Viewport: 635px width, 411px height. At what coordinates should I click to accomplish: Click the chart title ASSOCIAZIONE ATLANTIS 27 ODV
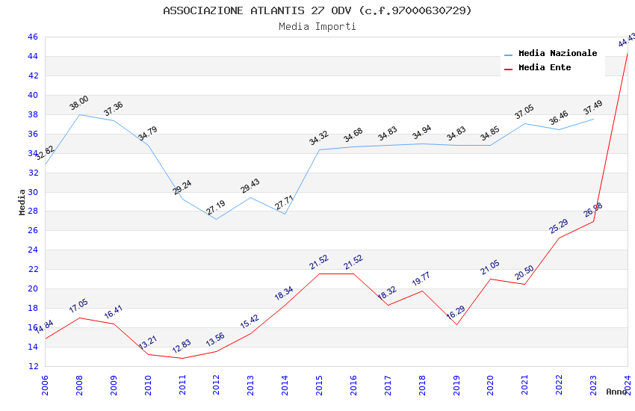[317, 10]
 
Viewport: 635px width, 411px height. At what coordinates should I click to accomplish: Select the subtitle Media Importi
[317, 26]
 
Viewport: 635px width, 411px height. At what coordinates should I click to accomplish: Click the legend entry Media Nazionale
[557, 53]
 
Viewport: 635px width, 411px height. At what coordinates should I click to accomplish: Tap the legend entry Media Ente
[544, 67]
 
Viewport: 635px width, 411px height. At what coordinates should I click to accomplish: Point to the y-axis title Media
[22, 202]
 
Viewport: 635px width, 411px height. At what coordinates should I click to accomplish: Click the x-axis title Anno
[616, 392]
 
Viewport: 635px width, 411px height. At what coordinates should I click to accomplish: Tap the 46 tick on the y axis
[32, 37]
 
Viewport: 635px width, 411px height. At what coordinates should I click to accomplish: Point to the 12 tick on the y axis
[32, 366]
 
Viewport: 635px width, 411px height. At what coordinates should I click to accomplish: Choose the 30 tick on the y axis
[32, 192]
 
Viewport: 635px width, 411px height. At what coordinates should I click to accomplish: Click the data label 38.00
[79, 103]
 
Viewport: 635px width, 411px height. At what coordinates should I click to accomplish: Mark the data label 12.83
[182, 347]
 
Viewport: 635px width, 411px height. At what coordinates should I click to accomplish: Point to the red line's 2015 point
[319, 274]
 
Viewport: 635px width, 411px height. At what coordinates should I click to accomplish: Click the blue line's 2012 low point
[216, 219]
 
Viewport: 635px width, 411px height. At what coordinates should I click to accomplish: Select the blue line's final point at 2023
[594, 119]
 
